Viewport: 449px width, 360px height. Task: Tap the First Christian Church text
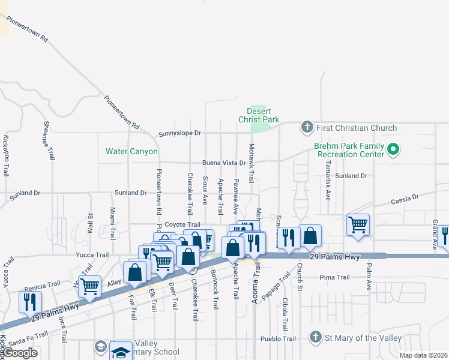pos(357,128)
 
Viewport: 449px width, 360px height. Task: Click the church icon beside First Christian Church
pos(307,127)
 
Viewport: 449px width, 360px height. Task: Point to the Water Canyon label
pos(131,152)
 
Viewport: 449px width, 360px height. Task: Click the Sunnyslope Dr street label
pos(179,133)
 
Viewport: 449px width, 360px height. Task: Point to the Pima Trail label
pos(334,277)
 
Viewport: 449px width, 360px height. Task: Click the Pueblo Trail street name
pos(278,338)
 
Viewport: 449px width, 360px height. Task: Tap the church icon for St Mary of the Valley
pos(315,338)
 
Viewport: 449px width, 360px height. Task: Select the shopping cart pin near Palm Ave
pos(358,225)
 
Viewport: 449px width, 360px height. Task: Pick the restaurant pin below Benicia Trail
pos(29,301)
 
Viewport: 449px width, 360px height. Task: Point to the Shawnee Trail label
pos(48,140)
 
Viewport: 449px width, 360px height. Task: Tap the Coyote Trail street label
pos(182,224)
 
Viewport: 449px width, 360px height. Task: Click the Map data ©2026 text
pos(423,355)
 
